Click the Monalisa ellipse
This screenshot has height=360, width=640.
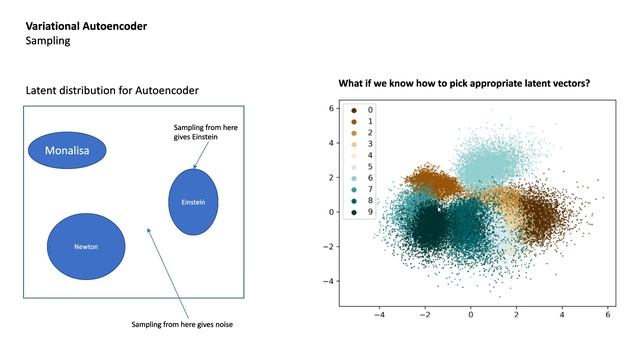[67, 150]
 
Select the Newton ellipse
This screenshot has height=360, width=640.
[87, 246]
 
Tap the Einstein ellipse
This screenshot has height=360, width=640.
[193, 201]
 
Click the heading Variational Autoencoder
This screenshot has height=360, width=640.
[86, 26]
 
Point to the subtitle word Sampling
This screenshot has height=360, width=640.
[49, 42]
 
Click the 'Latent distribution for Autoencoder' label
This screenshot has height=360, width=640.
[112, 91]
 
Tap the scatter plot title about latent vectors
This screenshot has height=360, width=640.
[464, 83]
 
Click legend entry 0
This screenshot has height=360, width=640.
[370, 110]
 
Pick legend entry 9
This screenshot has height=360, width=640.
[370, 213]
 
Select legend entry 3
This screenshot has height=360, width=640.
[370, 144]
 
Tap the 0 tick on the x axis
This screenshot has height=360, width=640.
[470, 314]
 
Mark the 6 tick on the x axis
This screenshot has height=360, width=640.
[608, 314]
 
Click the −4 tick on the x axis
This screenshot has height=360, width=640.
[377, 314]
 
